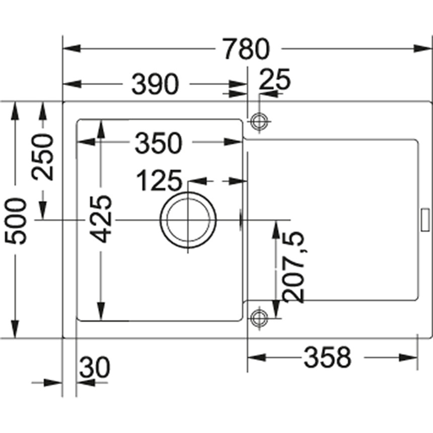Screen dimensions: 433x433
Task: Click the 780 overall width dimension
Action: point(247,49)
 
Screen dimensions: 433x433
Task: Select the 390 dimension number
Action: point(155,84)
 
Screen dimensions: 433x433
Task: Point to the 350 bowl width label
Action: point(158,144)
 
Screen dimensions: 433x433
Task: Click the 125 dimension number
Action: point(158,181)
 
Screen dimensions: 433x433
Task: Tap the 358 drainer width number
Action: point(326,358)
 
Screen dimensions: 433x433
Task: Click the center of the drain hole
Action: point(188,220)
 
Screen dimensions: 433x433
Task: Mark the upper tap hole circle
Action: point(259,121)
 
